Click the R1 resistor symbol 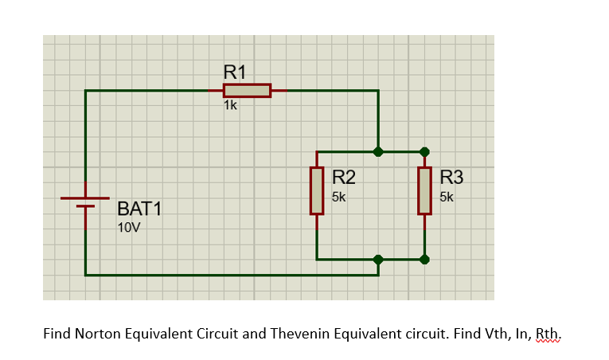(x=247, y=91)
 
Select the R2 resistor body (x=317, y=191)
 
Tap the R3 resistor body (x=424, y=191)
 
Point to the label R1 (x=235, y=72)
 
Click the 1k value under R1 (x=230, y=106)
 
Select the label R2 (x=343, y=177)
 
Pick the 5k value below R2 (x=338, y=196)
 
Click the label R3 (x=451, y=177)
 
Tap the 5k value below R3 (x=446, y=196)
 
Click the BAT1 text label (x=139, y=209)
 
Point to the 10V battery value (x=128, y=228)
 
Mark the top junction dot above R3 (x=424, y=151)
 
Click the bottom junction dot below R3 (x=424, y=259)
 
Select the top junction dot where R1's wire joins (x=378, y=151)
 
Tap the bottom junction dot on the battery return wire (x=378, y=259)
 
